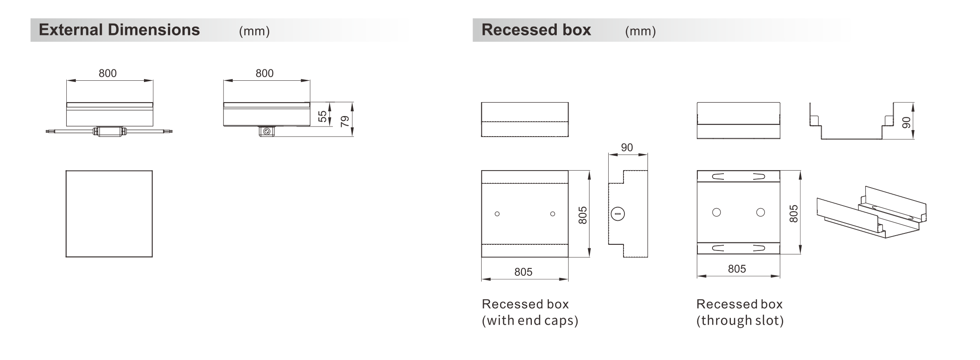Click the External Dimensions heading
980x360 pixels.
(119, 30)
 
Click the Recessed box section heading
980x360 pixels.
(536, 30)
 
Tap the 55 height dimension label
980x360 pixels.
(322, 117)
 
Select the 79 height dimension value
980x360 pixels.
(345, 121)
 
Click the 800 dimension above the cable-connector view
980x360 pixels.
(107, 73)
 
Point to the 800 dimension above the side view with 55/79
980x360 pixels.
(264, 73)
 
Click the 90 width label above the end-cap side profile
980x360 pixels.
(627, 147)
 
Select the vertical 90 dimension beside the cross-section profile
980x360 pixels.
(906, 123)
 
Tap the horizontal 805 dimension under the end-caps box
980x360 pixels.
(523, 272)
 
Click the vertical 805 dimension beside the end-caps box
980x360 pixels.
(583, 216)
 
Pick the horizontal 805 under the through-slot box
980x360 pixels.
(737, 269)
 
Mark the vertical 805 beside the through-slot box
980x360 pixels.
(794, 214)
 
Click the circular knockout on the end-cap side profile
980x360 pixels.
(618, 214)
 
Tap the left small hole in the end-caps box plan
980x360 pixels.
(497, 214)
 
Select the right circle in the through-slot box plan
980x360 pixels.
(761, 213)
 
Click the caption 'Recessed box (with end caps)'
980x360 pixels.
(530, 312)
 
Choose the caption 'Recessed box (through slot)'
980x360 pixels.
(740, 312)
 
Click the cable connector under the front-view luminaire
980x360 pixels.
(110, 131)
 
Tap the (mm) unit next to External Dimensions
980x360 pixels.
(254, 31)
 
